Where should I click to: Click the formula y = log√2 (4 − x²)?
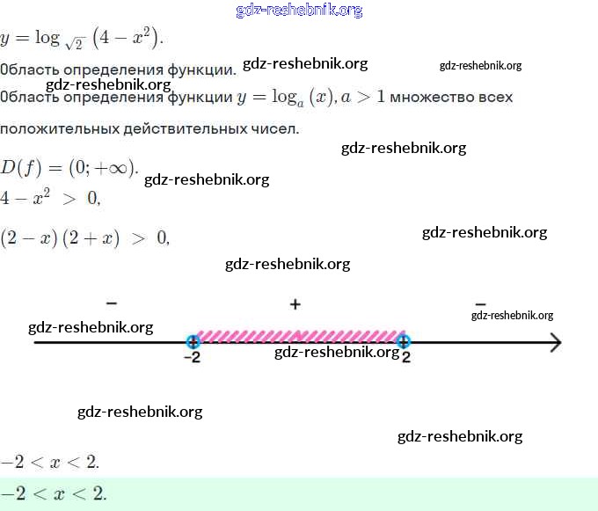83,39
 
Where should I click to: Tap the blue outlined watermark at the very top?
299,11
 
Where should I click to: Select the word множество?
430,96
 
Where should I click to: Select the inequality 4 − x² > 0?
51,200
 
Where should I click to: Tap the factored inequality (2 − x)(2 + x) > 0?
84,238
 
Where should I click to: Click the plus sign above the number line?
295,304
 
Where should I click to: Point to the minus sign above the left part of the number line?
111,303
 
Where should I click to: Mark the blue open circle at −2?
193,341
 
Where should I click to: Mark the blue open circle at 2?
404,341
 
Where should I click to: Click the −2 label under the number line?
191,357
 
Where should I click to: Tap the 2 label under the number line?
405,357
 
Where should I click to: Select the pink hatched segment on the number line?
299,336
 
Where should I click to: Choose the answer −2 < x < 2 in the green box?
54,494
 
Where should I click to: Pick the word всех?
494,96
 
